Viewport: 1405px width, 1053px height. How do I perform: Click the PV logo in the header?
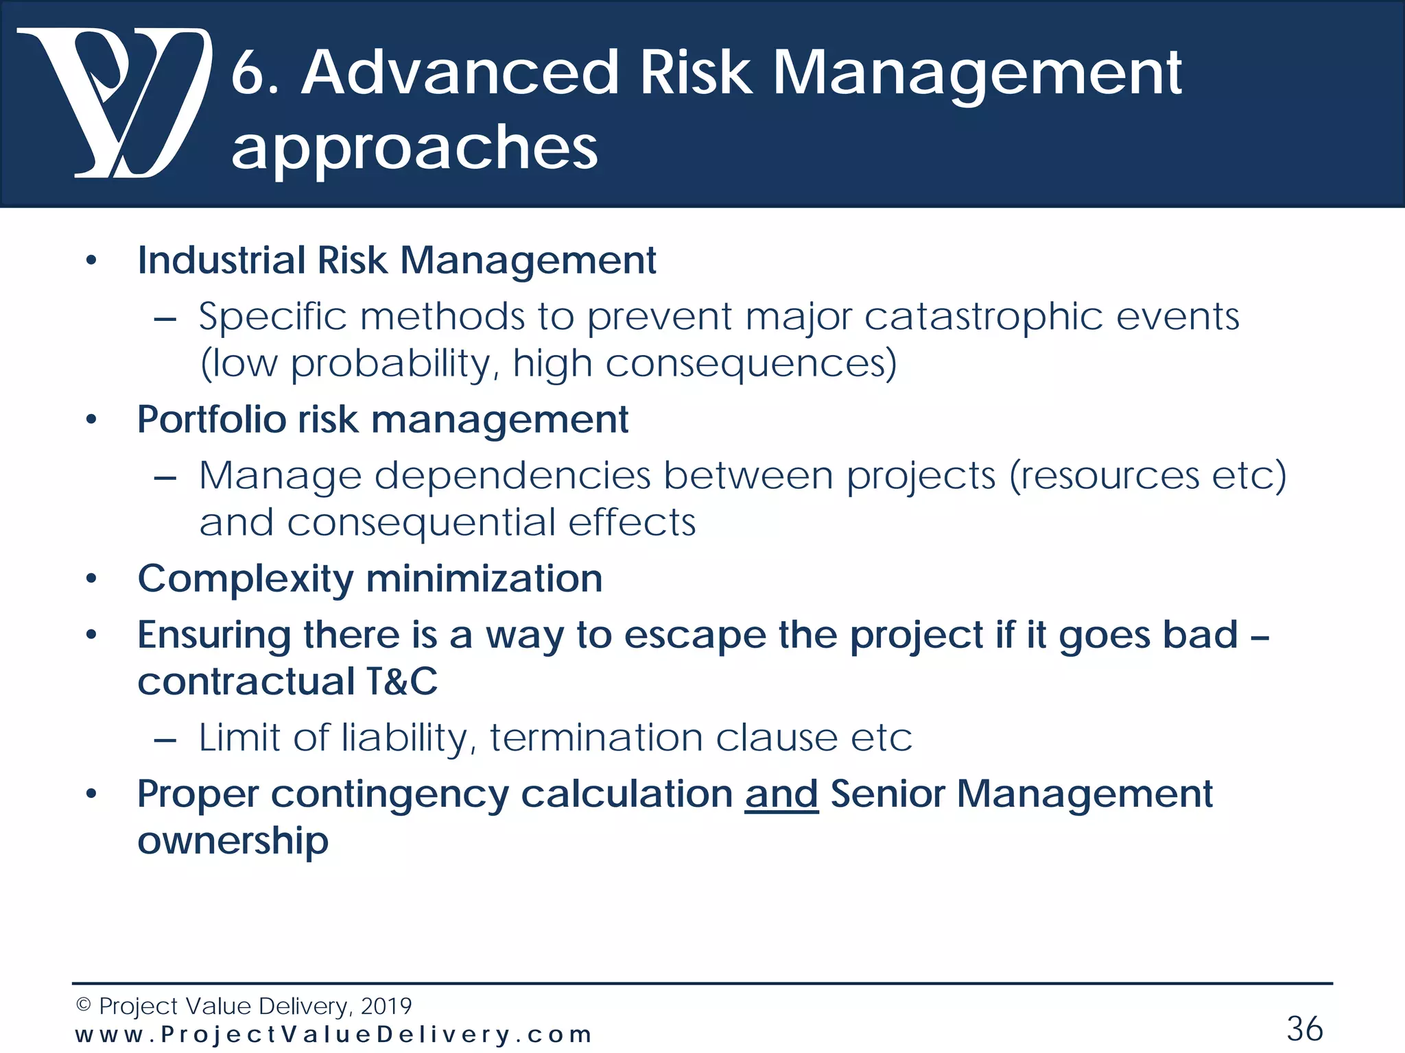113,103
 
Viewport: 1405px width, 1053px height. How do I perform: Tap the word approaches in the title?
414,148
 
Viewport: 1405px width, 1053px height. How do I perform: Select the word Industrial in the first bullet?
222,261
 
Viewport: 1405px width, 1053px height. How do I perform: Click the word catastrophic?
983,317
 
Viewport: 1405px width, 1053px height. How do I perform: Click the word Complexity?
245,579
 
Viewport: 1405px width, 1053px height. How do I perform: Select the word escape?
694,635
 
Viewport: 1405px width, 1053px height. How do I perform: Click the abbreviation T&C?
402,681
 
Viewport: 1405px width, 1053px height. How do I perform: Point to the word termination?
595,738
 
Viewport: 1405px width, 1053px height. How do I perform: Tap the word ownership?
233,841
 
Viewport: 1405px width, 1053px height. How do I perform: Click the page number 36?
1304,1028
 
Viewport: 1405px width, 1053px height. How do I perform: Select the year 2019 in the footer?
386,1006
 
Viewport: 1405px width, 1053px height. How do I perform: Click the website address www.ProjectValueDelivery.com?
333,1034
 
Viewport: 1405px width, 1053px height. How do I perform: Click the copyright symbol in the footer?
83,1006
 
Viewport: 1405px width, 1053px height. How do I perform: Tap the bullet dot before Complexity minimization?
91,579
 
